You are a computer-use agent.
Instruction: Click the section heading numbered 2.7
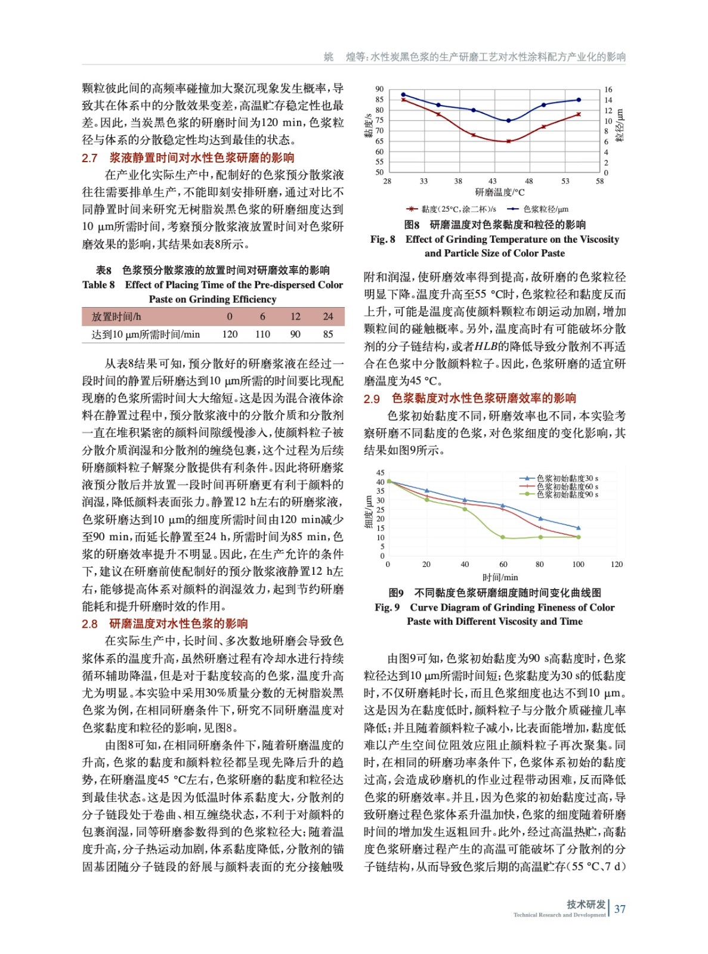188,158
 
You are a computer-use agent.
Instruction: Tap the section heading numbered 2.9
470,398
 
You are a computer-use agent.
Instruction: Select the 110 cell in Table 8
262,334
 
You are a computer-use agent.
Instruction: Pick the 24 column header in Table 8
327,317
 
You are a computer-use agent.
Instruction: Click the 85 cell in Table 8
327,334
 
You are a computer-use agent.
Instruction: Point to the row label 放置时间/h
116,317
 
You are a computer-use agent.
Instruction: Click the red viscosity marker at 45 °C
508,141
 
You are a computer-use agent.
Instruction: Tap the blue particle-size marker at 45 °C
508,120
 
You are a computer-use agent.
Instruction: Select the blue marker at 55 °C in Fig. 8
578,100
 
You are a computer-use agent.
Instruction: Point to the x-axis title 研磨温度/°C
500,192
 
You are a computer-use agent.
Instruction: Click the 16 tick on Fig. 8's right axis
608,89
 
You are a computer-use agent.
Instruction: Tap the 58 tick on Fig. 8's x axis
600,181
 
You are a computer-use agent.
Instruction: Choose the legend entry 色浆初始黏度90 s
567,494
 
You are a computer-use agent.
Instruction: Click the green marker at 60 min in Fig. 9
503,537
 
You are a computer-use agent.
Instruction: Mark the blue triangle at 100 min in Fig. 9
578,528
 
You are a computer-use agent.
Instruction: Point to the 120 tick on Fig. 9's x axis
616,564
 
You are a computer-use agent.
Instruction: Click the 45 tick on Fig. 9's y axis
381,473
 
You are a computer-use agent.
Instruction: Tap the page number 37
620,909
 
